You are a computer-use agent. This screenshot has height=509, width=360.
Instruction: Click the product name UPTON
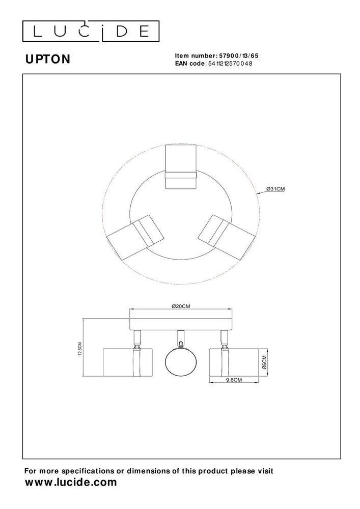point(48,60)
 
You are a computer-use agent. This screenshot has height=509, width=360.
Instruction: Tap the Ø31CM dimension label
point(275,189)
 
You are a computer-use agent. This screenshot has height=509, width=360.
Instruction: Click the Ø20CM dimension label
point(181,306)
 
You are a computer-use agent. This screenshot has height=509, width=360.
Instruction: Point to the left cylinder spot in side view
point(127,362)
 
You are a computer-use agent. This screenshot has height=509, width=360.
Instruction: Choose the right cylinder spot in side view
point(232,362)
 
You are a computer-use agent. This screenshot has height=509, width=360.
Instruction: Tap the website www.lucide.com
point(71,482)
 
